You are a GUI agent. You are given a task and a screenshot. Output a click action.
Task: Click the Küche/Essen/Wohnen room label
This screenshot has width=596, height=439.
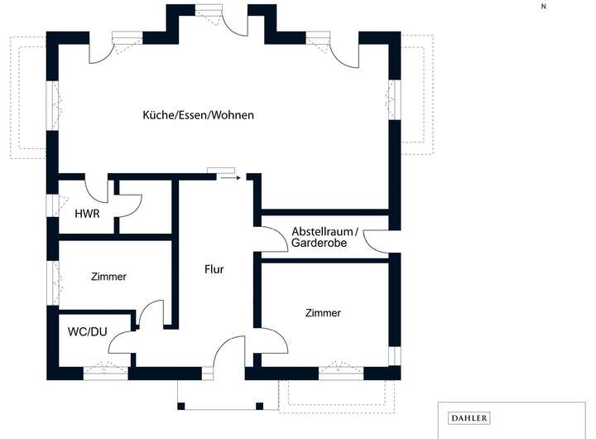pyautogui.click(x=198, y=115)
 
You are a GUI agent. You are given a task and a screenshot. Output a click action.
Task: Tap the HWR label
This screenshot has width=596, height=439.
pyautogui.click(x=87, y=214)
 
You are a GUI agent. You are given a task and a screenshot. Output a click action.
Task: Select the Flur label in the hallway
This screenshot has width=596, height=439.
pyautogui.click(x=214, y=269)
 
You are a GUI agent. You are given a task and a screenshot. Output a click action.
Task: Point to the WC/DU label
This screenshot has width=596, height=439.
pyautogui.click(x=88, y=332)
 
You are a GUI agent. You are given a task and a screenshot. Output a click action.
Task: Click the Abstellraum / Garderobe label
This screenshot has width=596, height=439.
pyautogui.click(x=324, y=238)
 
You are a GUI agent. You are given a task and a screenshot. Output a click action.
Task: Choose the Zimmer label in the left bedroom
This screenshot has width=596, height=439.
pyautogui.click(x=108, y=277)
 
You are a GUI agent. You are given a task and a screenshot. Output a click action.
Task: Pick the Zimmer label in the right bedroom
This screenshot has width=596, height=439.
pyautogui.click(x=323, y=313)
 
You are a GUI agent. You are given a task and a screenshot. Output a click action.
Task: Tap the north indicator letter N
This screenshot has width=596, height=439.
pyautogui.click(x=544, y=6)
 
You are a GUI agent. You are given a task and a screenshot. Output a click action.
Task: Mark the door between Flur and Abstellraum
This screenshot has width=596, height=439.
pyautogui.click(x=273, y=238)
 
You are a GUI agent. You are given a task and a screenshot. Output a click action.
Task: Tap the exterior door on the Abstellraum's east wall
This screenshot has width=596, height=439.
pyautogui.click(x=377, y=240)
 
